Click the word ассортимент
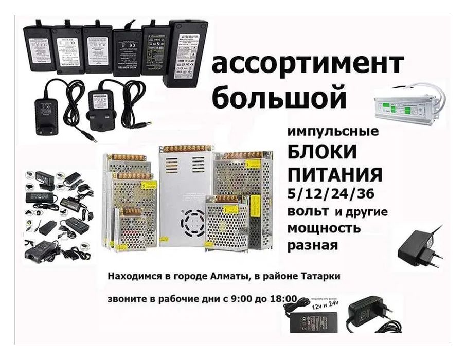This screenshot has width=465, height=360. point(307,64)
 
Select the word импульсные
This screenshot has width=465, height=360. point(333,132)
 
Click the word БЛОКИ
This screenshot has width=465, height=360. point(323,153)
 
